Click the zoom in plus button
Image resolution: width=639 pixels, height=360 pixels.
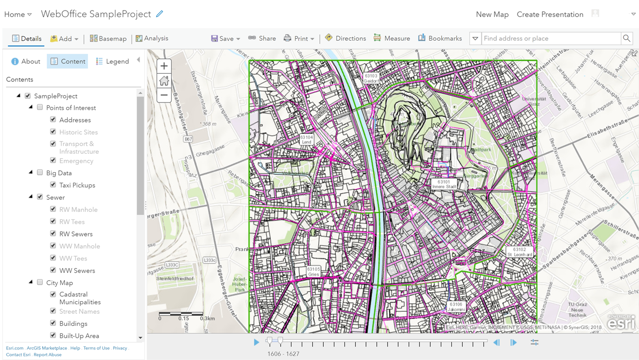pos(164,66)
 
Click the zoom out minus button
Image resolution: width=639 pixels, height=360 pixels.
pos(164,95)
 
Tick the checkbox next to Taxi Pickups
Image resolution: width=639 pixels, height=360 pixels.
pos(53,185)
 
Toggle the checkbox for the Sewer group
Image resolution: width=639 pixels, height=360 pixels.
pos(40,197)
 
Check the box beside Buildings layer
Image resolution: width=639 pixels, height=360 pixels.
pos(53,323)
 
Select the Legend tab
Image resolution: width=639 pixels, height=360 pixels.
pos(112,61)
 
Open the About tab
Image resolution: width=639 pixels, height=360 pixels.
pos(25,61)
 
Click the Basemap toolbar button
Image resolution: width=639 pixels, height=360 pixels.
pos(108,39)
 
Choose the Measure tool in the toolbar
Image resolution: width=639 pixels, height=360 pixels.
pos(392,39)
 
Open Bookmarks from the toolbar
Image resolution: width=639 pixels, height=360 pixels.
pos(440,39)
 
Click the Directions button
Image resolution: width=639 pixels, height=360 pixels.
pos(345,39)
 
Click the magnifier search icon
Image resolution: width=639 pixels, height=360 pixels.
pos(626,38)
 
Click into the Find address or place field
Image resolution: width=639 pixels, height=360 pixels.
pos(551,39)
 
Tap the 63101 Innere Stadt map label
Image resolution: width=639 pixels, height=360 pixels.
pos(444,184)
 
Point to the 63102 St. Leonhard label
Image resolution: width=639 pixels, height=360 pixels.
pos(520,252)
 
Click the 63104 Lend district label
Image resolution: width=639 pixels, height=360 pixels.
pos(306,140)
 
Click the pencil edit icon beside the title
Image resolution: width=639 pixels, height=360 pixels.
pos(160,14)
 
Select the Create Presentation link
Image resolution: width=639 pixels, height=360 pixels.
pos(550,15)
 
